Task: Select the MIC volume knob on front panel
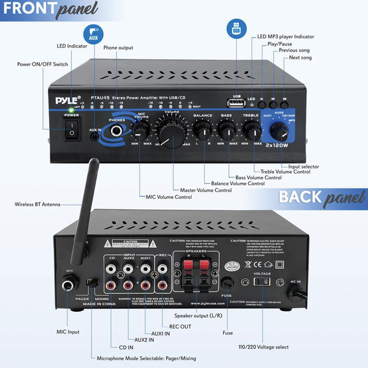140,129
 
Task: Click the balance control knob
202,128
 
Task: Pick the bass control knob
227,128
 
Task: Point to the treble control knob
252,128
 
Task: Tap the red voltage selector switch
263,282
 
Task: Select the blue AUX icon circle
93,36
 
